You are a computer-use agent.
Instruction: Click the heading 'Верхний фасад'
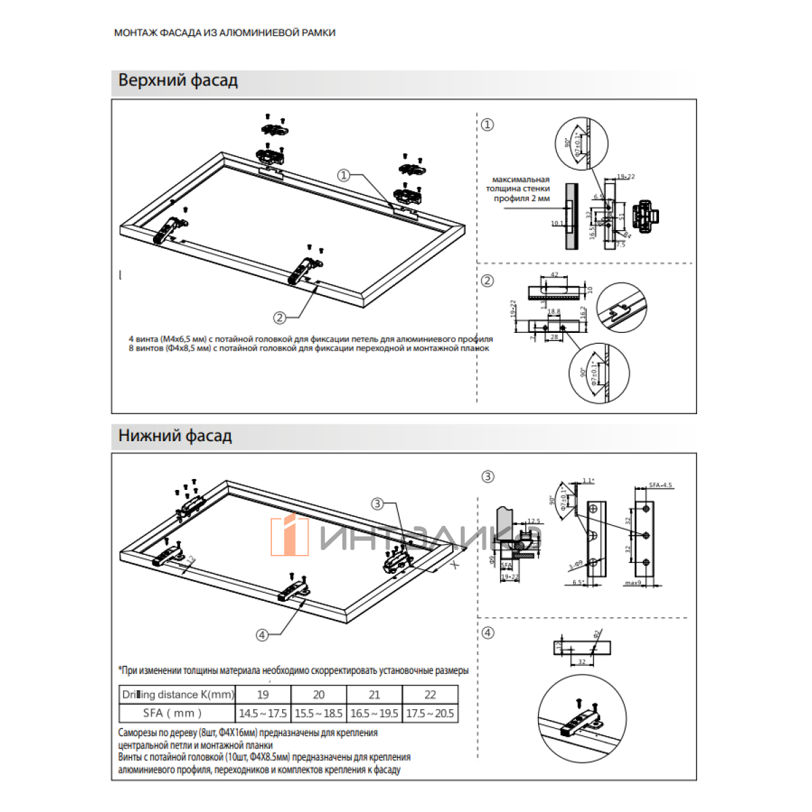[x=178, y=81]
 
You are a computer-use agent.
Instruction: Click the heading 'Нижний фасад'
[x=175, y=436]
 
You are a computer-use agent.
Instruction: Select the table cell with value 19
[x=263, y=694]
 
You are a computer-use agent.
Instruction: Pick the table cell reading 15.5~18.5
[x=319, y=713]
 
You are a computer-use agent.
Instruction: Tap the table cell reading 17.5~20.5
[x=430, y=713]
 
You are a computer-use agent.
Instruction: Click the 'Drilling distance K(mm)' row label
[x=178, y=694]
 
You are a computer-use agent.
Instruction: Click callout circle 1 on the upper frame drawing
[x=344, y=175]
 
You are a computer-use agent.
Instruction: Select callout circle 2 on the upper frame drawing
[x=279, y=317]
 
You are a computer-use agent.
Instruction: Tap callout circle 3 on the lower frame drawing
[x=378, y=503]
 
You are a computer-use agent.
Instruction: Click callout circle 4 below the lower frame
[x=262, y=635]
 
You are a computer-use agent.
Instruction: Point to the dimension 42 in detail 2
[x=555, y=275]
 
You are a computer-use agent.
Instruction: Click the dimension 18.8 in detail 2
[x=554, y=312]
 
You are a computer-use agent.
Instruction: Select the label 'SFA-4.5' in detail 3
[x=660, y=485]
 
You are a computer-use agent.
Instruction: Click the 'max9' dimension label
[x=633, y=583]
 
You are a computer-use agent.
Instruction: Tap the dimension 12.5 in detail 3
[x=534, y=522]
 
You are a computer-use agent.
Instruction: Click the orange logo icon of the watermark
[x=290, y=535]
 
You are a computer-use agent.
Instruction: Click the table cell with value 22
[x=430, y=694]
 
